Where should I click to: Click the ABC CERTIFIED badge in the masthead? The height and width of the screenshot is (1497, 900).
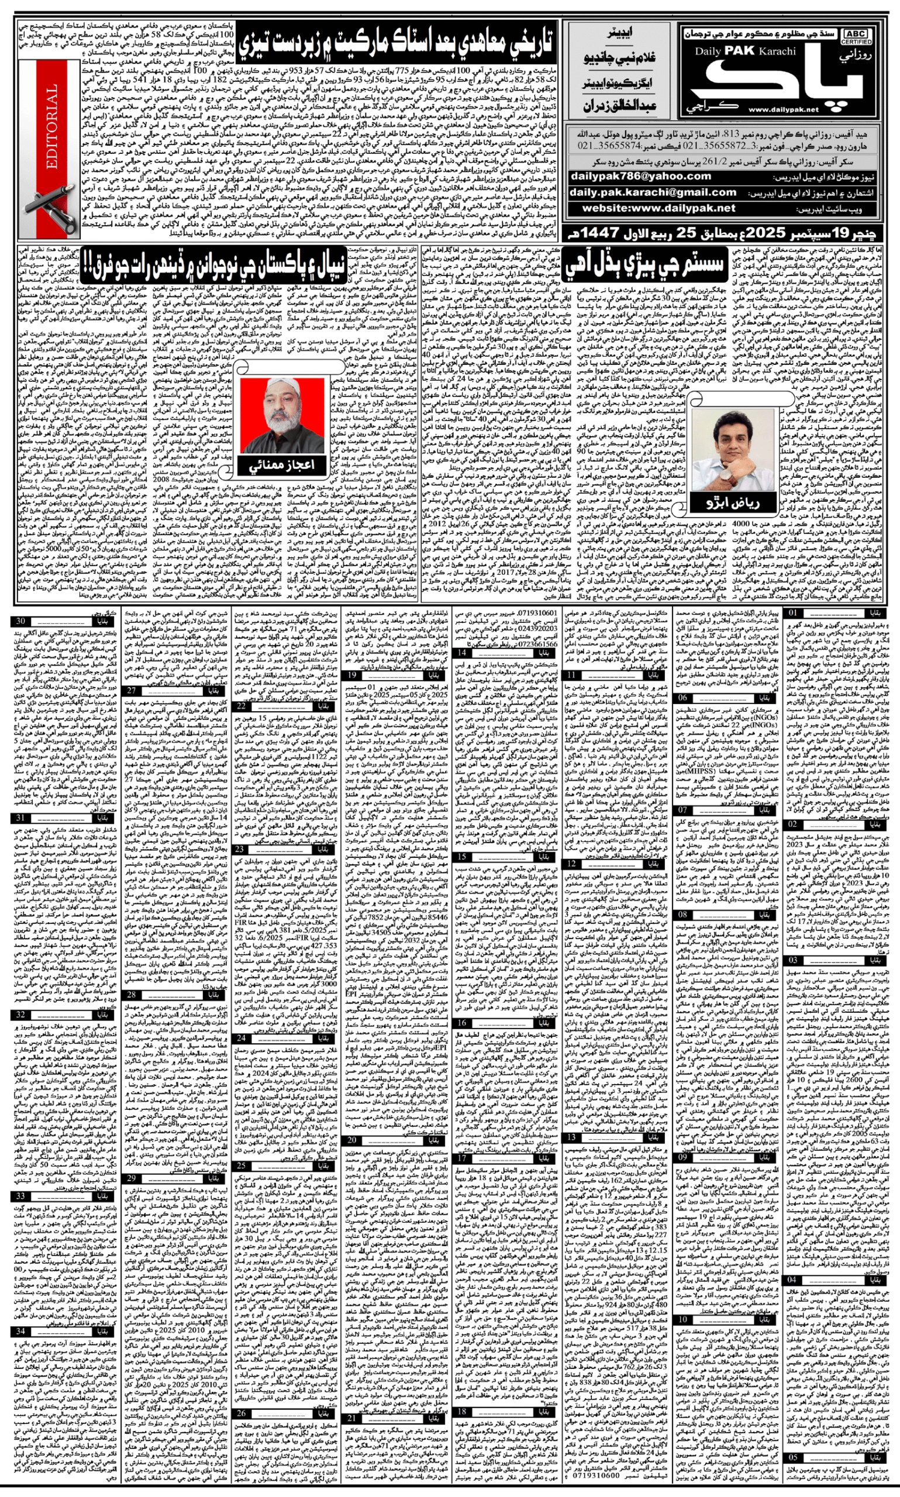[x=855, y=37]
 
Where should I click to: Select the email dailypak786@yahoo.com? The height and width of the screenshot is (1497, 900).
[x=640, y=177]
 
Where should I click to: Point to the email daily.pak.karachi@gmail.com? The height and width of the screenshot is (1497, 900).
[x=653, y=192]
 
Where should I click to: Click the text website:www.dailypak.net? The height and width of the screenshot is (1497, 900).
[x=658, y=208]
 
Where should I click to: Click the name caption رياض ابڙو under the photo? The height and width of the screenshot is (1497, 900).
[x=732, y=501]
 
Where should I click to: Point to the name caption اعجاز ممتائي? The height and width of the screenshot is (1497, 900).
[x=282, y=465]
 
